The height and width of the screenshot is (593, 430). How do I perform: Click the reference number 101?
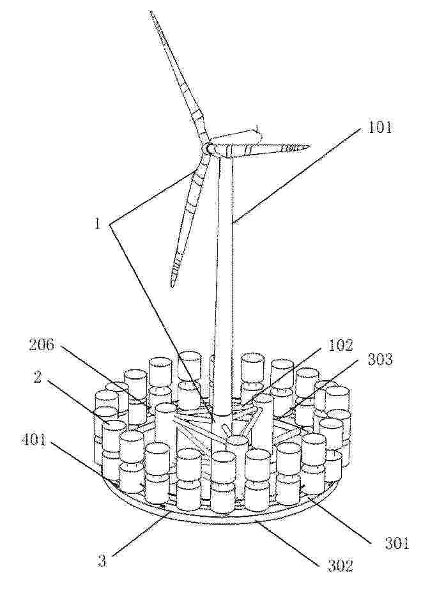click(379, 127)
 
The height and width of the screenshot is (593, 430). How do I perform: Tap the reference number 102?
click(341, 345)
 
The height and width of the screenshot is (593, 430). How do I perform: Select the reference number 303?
click(380, 359)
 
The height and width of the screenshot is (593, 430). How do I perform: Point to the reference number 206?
click(42, 345)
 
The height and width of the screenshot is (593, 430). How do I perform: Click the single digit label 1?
click(98, 224)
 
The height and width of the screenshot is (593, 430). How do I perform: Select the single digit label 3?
click(102, 561)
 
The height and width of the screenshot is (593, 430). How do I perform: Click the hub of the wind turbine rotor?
click(207, 148)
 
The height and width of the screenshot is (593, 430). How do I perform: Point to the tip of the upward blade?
click(151, 12)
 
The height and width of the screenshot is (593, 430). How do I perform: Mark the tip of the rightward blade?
click(311, 146)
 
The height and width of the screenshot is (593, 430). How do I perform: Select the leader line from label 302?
click(288, 541)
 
